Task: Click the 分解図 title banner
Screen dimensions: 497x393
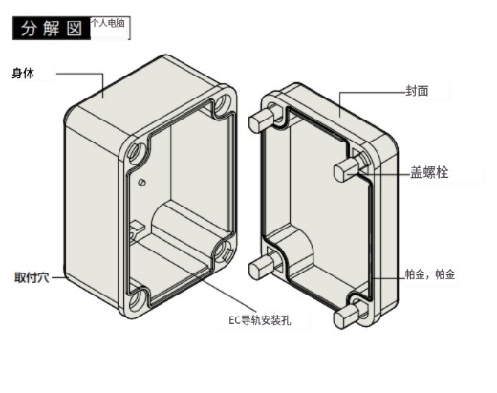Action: tap(52, 29)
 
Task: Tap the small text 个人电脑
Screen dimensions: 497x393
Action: tap(108, 23)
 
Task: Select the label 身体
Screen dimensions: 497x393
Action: tap(23, 74)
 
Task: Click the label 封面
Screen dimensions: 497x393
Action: tap(417, 91)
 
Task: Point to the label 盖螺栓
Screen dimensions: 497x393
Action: tap(429, 172)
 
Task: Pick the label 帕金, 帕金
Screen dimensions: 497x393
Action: tap(430, 274)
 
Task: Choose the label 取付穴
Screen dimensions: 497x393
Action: tap(32, 277)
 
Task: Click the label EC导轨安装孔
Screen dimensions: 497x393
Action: tap(260, 320)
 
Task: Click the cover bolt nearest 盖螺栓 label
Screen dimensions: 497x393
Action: tap(348, 169)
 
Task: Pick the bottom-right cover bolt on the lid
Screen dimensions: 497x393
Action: tap(348, 317)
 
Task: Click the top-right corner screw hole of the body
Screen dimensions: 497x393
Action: tap(224, 102)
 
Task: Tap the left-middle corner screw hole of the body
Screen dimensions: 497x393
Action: tap(137, 152)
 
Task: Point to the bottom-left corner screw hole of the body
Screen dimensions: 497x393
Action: tap(137, 299)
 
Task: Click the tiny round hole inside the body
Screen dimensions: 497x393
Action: tap(142, 183)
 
